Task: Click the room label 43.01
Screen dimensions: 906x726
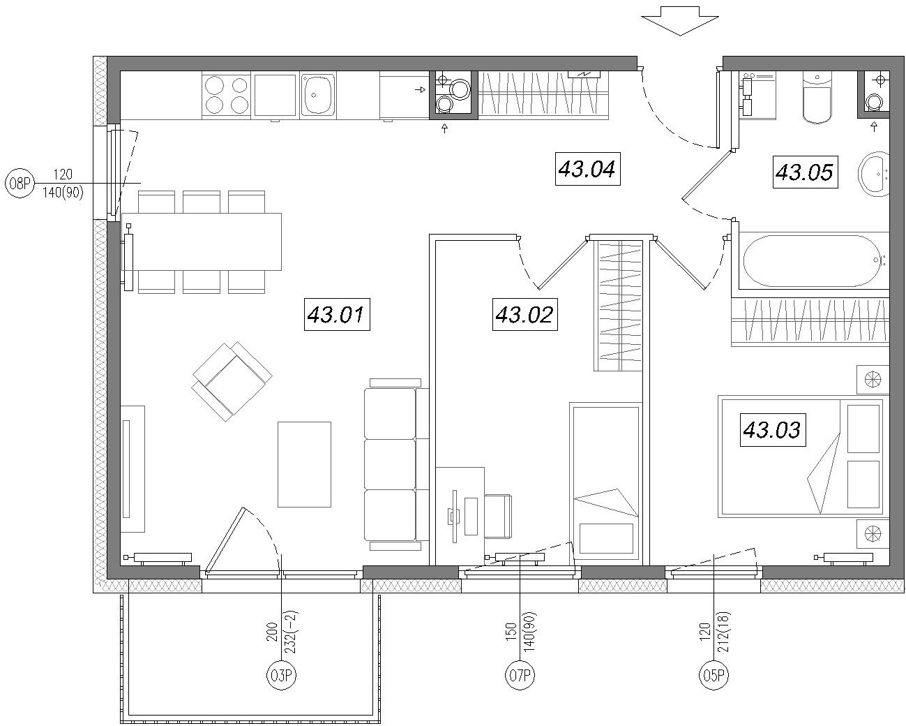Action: (337, 314)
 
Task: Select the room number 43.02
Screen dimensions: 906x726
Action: (525, 314)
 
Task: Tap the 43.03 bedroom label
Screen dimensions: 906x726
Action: (773, 430)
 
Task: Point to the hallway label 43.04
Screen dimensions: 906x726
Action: (588, 169)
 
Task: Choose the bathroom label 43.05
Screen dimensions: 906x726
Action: (805, 172)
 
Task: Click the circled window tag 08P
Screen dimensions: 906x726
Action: (20, 184)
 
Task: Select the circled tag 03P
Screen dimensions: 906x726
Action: (281, 676)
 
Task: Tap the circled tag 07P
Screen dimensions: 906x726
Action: (520, 676)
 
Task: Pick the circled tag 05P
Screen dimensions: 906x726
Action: (714, 676)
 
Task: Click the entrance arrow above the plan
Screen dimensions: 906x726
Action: (680, 20)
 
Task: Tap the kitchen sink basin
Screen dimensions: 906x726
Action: (318, 95)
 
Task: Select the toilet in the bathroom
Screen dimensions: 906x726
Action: (817, 97)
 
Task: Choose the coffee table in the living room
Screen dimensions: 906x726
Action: (304, 464)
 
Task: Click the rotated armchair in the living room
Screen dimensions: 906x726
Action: (232, 382)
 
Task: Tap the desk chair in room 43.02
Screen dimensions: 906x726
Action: (498, 516)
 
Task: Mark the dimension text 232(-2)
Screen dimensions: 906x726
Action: (292, 632)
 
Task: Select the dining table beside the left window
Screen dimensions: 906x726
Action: (202, 242)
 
